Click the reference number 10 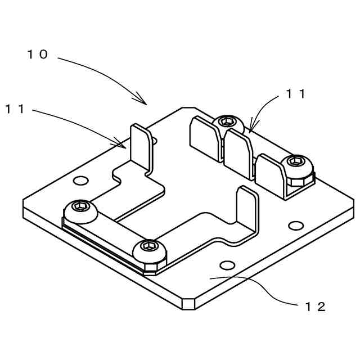39,55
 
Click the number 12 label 315,307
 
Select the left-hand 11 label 16,109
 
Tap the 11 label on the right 295,94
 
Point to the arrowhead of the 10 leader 145,102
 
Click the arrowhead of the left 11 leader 124,145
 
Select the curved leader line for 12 264,287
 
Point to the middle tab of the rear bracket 239,150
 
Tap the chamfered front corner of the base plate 189,304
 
